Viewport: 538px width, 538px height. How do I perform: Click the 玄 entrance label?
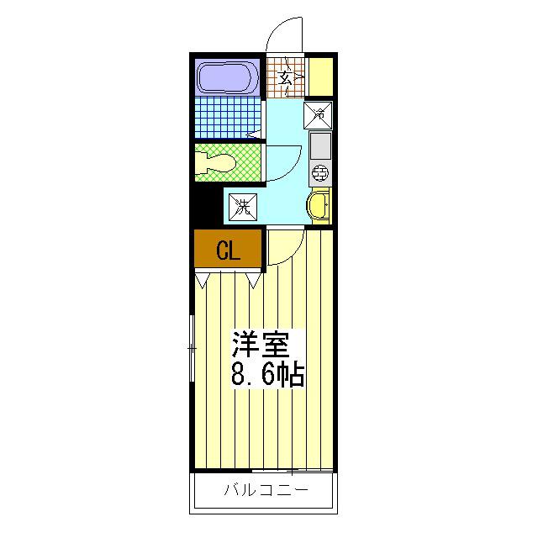pos(285,78)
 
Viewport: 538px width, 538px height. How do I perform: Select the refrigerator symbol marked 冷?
pos(318,115)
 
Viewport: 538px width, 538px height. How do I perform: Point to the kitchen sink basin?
pos(320,145)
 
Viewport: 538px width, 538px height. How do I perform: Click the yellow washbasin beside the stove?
pos(319,205)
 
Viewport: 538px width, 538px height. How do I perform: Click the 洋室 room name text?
pos(260,345)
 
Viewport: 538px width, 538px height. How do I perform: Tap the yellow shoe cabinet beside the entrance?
pos(321,76)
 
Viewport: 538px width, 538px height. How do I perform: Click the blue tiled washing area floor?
pos(228,117)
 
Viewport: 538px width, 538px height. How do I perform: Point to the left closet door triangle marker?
pos(202,280)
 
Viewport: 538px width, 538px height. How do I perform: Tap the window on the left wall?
pos(193,349)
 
